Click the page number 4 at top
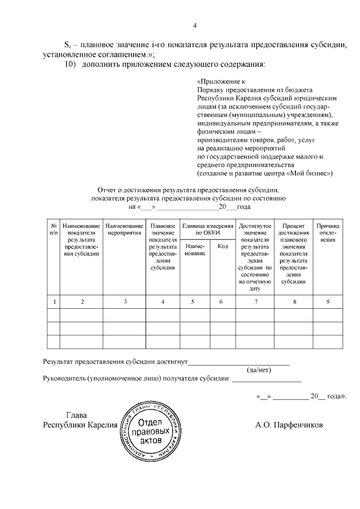195,25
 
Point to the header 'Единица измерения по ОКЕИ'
206,229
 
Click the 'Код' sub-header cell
222,246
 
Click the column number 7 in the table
256,302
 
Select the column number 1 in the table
54,302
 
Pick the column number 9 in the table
328,302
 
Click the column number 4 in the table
163,302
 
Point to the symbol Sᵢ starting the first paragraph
66,44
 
